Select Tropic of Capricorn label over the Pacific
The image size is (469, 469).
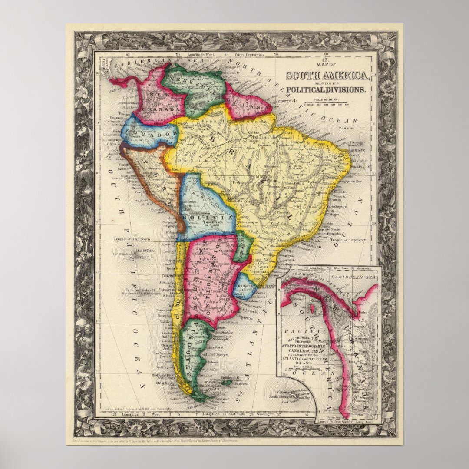[x=132, y=239]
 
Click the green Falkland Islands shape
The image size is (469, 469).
[x=229, y=382]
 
